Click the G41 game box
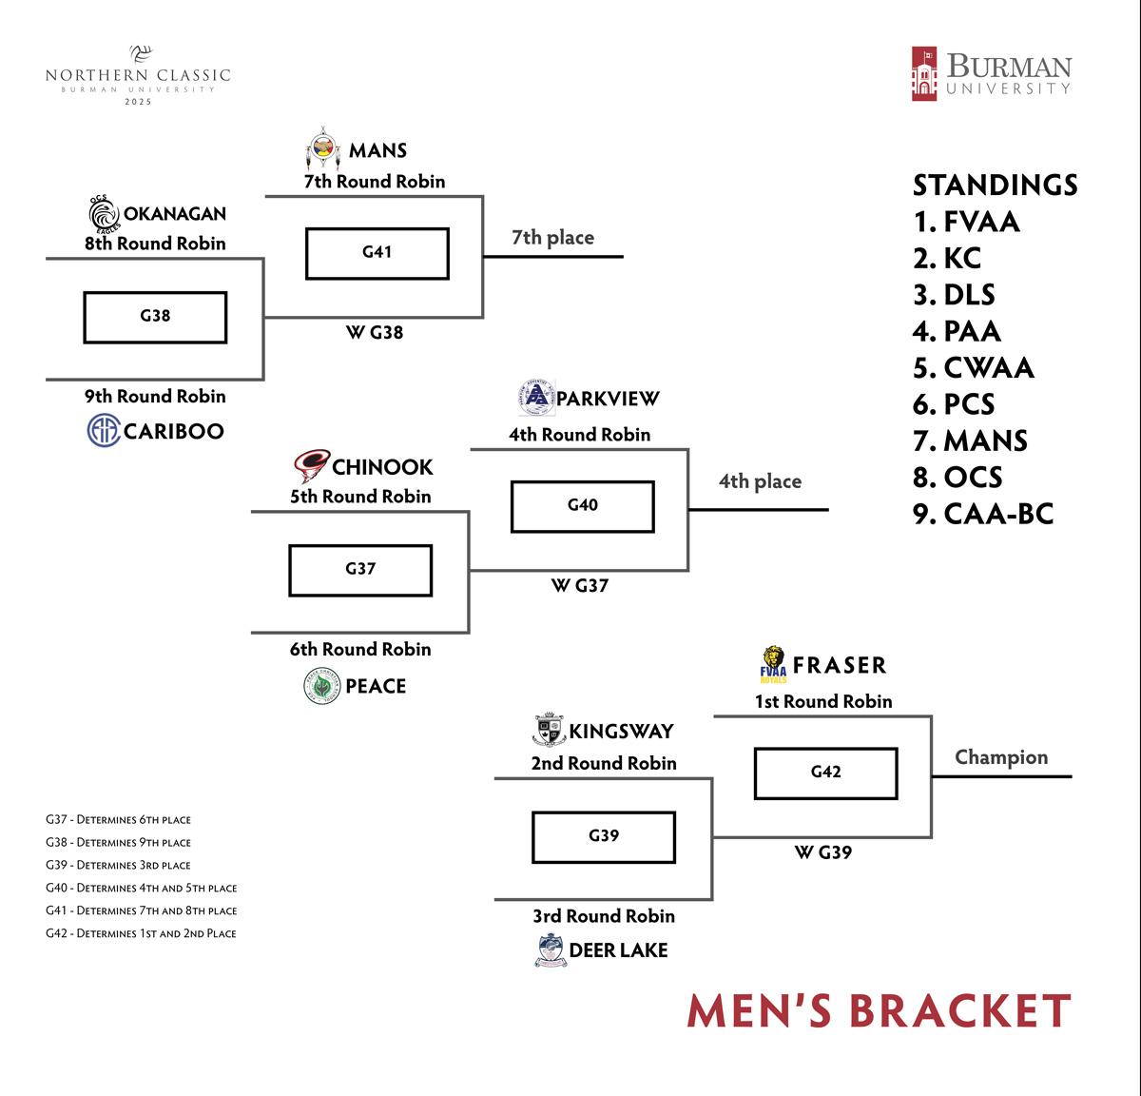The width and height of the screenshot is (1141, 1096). click(x=377, y=253)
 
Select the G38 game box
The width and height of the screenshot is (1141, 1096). click(x=155, y=317)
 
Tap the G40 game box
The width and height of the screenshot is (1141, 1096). click(x=582, y=506)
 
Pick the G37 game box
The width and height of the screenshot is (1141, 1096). click(x=360, y=570)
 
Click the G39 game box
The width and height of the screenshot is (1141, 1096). click(x=604, y=836)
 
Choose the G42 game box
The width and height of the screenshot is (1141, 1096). click(x=825, y=773)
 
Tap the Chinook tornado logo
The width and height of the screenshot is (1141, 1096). click(x=311, y=466)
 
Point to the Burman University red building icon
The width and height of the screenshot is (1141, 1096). click(x=923, y=73)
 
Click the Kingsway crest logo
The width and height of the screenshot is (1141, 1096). click(x=548, y=731)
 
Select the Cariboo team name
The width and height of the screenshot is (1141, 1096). click(x=174, y=431)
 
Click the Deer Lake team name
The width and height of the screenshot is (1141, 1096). click(x=618, y=949)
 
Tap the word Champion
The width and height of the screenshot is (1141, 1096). click(x=1001, y=757)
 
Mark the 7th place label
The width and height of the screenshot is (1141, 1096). click(x=552, y=238)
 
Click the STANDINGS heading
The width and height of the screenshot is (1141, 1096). click(x=995, y=185)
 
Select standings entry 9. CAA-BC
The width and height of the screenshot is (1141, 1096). click(x=983, y=514)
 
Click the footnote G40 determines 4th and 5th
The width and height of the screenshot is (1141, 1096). click(x=141, y=888)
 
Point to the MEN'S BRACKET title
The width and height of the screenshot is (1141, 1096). click(x=879, y=1011)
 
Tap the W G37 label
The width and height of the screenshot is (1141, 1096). click(x=579, y=586)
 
